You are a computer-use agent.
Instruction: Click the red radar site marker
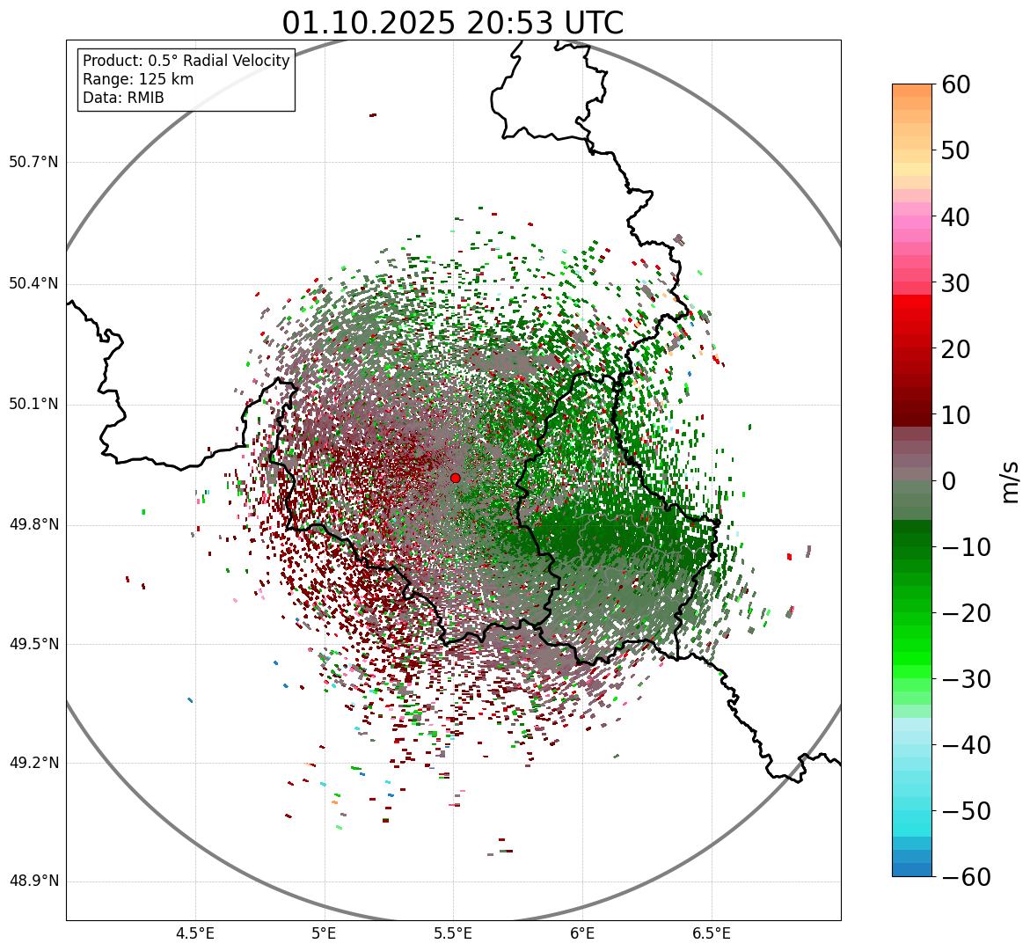click(x=455, y=478)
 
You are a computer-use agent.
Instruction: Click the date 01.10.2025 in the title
click(x=369, y=24)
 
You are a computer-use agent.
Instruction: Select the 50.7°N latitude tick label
click(x=33, y=163)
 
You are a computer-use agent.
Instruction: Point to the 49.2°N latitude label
click(x=33, y=763)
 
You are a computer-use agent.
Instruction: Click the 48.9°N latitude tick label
click(x=33, y=882)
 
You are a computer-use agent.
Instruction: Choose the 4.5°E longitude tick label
click(x=195, y=933)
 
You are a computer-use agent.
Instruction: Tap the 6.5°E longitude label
click(x=712, y=933)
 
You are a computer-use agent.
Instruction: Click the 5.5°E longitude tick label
click(x=453, y=933)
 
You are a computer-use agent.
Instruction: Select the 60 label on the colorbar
click(x=955, y=84)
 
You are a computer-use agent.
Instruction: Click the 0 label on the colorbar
click(x=949, y=481)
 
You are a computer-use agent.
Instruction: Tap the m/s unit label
click(x=1010, y=480)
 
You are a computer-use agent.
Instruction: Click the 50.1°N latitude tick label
click(x=33, y=405)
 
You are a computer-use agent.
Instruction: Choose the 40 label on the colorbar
click(x=955, y=216)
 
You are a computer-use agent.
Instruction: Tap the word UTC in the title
click(x=591, y=24)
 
